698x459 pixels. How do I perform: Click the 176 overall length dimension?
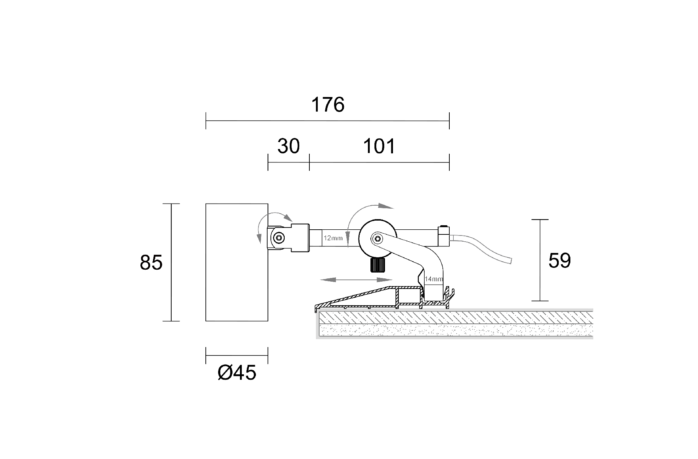(x=328, y=105)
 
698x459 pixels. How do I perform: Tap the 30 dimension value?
(x=288, y=146)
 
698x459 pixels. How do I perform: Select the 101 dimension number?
(x=379, y=146)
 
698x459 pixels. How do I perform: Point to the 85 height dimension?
(x=151, y=262)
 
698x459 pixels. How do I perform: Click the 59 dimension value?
(x=559, y=260)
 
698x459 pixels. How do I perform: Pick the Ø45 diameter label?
(x=237, y=373)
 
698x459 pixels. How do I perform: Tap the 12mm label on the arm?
(x=333, y=238)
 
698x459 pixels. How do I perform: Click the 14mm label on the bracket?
(x=434, y=279)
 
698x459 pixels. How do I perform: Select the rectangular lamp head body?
(x=237, y=262)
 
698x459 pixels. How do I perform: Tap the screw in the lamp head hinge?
(x=279, y=238)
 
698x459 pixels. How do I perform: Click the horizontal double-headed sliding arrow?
(x=356, y=280)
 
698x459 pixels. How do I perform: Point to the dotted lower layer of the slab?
(x=454, y=330)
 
